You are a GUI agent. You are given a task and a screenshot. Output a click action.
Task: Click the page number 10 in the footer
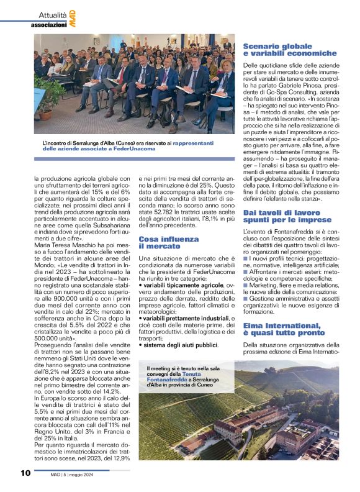[25, 473]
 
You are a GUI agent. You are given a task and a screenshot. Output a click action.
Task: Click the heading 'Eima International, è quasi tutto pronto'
[282, 329]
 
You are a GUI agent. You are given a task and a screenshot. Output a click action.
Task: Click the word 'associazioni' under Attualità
[50, 25]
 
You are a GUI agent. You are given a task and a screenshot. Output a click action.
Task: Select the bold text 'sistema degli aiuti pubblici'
[176, 344]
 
